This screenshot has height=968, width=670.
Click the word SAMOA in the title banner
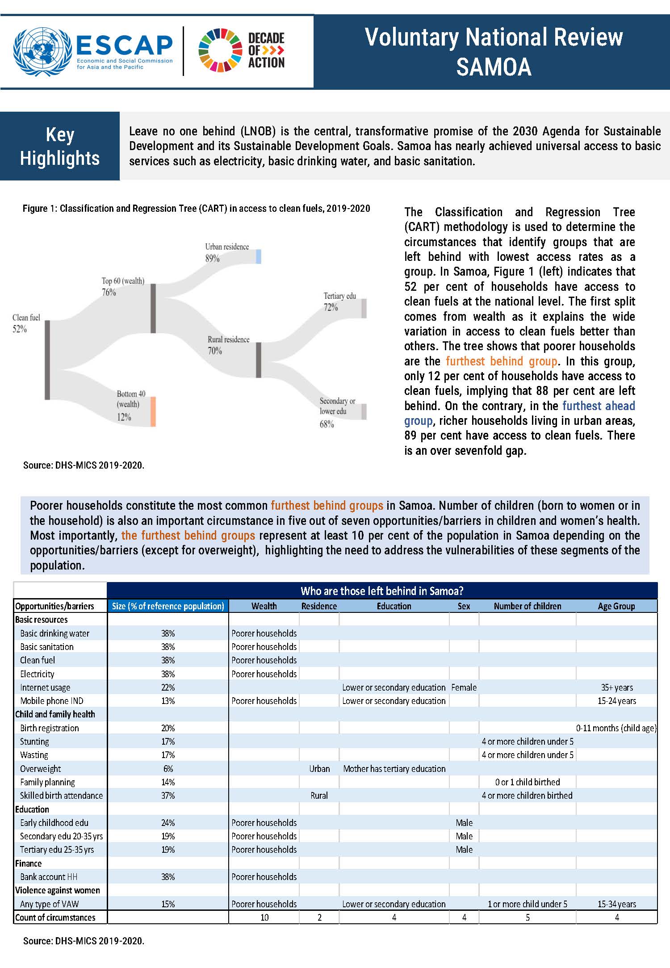tap(494, 67)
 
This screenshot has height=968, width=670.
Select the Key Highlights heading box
tap(60, 146)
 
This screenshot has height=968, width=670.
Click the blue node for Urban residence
tap(259, 256)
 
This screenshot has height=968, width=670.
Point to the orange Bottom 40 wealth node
tap(153, 411)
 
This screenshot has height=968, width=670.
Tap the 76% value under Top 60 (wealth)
tap(109, 293)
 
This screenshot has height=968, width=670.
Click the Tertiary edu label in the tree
tap(340, 296)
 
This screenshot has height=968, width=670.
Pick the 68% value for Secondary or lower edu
tap(327, 424)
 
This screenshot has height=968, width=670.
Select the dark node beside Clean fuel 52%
tap(47, 360)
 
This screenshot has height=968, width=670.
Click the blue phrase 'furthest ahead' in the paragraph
tap(599, 406)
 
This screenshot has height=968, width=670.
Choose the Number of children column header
tap(528, 606)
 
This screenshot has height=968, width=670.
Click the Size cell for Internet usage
tap(168, 687)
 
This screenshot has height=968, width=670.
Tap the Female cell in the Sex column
tap(464, 687)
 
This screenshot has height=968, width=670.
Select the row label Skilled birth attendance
tap(61, 796)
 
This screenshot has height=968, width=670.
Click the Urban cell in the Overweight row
tap(319, 769)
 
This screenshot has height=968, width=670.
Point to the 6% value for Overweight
tap(168, 769)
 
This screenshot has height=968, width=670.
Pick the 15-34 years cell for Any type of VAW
tap(617, 904)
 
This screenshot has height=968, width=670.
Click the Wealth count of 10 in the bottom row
tap(264, 918)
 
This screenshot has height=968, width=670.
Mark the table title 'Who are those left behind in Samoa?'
tap(382, 591)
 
